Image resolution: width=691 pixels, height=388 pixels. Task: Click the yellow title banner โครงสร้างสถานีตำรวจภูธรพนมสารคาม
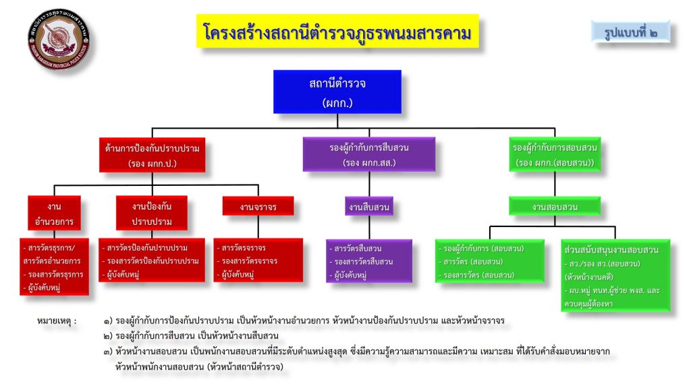point(337,32)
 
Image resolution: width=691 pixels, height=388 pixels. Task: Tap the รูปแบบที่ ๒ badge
point(630,31)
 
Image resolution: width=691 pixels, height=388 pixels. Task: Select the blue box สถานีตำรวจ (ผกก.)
point(337,92)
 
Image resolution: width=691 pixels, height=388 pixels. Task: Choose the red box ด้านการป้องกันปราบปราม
point(153,154)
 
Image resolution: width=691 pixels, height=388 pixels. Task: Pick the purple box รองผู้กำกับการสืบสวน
point(360,154)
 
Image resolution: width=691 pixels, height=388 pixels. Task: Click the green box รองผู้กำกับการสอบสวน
point(555,154)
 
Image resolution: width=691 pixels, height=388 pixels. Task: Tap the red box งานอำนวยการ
point(55,213)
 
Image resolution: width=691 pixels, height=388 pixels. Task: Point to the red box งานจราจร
point(258,206)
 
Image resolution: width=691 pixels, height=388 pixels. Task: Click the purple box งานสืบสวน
point(368,207)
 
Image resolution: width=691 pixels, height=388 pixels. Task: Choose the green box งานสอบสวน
point(555,207)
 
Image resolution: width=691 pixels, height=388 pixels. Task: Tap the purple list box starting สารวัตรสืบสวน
point(368,261)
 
